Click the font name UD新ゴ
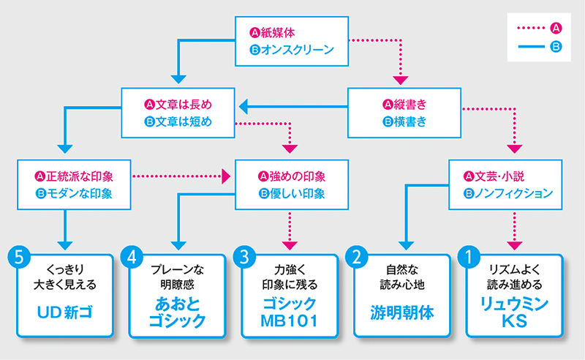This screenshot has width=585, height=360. tap(65, 312)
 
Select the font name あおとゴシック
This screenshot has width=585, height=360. tap(177, 312)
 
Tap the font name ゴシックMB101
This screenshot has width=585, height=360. tap(289, 312)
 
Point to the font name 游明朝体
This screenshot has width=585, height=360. tap(401, 312)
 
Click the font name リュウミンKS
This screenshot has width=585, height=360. tap(514, 312)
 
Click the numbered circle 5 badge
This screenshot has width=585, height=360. tap(19, 257)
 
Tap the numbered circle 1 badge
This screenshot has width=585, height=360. tap(469, 257)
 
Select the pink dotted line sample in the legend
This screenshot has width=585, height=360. tap(531, 28)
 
